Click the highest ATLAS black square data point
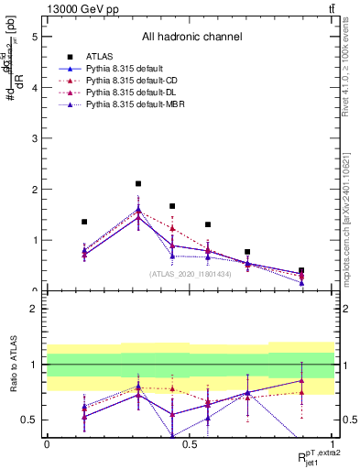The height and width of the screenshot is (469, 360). point(138,184)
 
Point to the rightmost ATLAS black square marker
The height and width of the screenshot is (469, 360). point(301,271)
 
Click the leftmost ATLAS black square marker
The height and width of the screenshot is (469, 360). point(84,222)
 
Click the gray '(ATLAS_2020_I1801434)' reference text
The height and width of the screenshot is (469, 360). point(191,274)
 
